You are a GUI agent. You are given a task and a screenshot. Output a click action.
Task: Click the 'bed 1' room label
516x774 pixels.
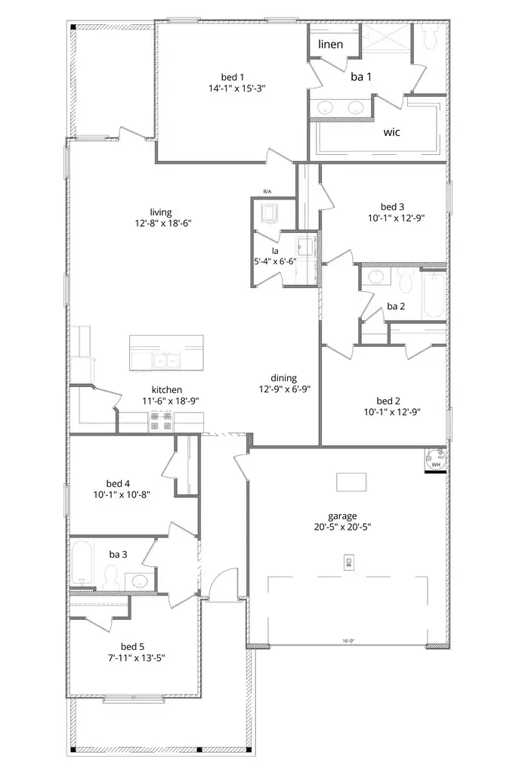[x=232, y=76]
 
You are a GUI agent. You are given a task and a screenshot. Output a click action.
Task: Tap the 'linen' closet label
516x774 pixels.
[x=330, y=45]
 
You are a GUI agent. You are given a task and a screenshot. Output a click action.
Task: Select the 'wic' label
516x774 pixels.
[x=391, y=132]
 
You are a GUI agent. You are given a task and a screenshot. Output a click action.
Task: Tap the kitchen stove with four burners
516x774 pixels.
[x=159, y=420]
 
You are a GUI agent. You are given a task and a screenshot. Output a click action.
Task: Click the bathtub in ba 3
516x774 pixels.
[x=82, y=563]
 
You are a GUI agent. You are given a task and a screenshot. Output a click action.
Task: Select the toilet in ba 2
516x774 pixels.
[x=404, y=283]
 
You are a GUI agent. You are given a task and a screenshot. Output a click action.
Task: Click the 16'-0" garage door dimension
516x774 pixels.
[x=348, y=642]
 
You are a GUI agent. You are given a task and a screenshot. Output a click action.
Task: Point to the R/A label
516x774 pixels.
[x=267, y=192]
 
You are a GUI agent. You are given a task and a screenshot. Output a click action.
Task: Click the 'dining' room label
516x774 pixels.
[x=284, y=378]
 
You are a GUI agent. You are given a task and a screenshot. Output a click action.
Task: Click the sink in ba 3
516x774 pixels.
[x=137, y=581]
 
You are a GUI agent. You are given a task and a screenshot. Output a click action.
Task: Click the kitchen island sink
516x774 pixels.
[x=167, y=361]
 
